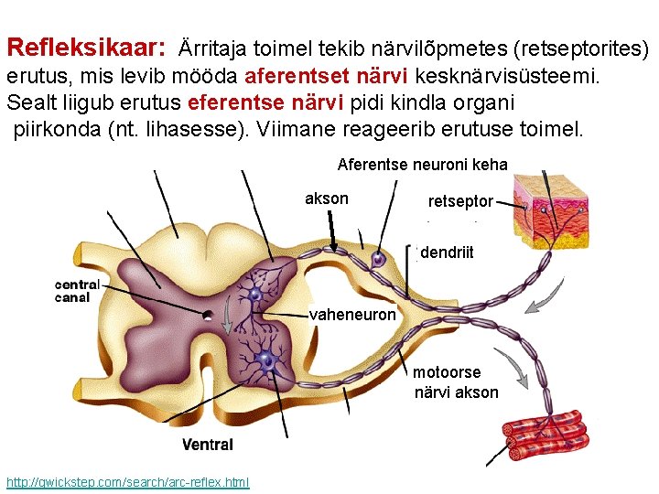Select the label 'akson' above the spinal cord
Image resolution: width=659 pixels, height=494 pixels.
click(326, 199)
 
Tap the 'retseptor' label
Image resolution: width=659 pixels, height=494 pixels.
click(460, 201)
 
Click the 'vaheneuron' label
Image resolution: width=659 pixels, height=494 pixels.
click(353, 315)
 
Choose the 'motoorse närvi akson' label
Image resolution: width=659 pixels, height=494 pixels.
click(456, 382)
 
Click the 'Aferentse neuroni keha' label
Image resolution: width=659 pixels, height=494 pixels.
click(422, 165)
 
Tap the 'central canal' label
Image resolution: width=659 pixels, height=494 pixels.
click(78, 290)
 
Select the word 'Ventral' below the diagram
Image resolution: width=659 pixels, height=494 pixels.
click(207, 445)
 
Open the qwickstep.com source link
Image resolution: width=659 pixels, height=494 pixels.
click(127, 482)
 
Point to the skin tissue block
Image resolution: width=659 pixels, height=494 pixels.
click(558, 207)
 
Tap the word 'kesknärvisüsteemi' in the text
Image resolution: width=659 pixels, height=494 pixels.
click(509, 76)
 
